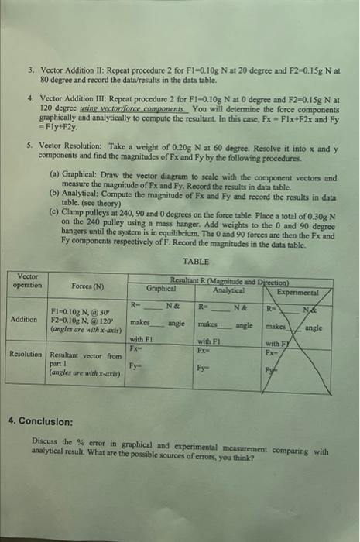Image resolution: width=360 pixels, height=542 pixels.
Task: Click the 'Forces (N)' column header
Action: point(87,287)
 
